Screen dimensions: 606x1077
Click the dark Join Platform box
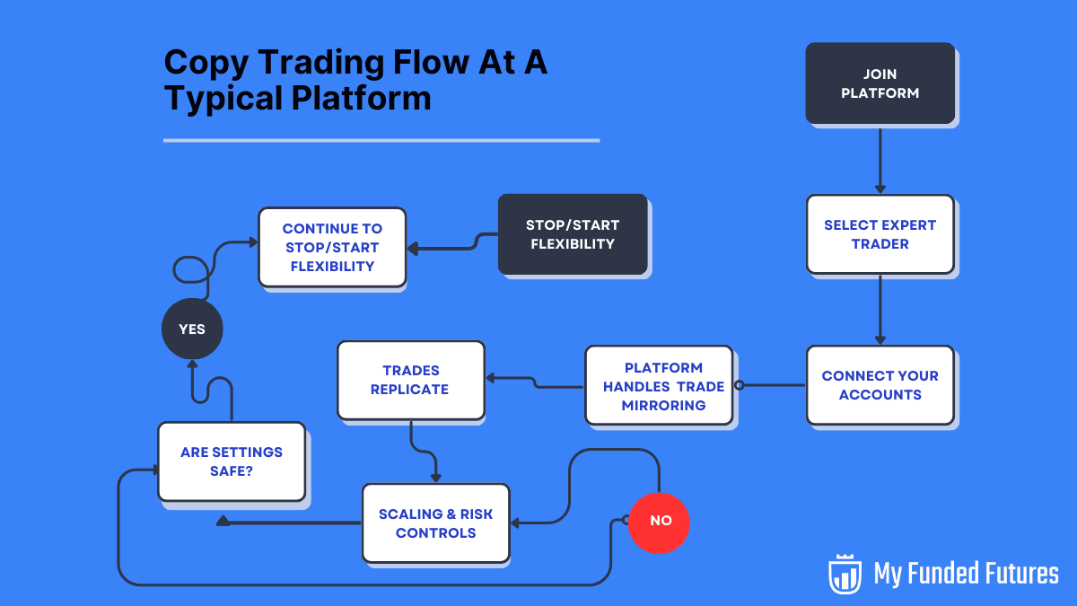click(x=880, y=83)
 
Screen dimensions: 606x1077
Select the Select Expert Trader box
click(x=880, y=233)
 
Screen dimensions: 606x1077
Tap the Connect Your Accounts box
click(x=880, y=384)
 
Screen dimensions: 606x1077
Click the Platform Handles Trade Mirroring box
click(x=659, y=385)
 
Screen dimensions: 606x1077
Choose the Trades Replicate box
click(x=410, y=379)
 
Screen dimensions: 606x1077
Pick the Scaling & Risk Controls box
click(x=435, y=523)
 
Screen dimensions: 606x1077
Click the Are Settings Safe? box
click(x=231, y=461)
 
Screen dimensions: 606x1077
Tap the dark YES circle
click(x=192, y=329)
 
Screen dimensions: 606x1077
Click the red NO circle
click(x=659, y=522)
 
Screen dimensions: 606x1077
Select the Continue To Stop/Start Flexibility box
click(x=332, y=247)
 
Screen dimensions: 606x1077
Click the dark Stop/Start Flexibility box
click(x=573, y=233)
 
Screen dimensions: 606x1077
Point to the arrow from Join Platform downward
click(x=880, y=159)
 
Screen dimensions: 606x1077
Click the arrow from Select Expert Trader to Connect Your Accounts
click(x=880, y=310)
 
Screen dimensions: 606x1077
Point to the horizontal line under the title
click(x=381, y=140)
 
